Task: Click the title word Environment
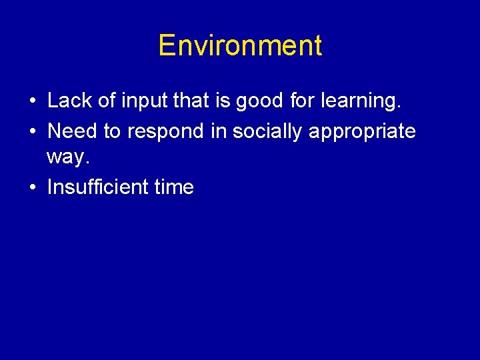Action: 240,46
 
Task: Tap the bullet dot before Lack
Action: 32,102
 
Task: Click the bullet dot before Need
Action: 32,132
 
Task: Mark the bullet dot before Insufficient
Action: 32,188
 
